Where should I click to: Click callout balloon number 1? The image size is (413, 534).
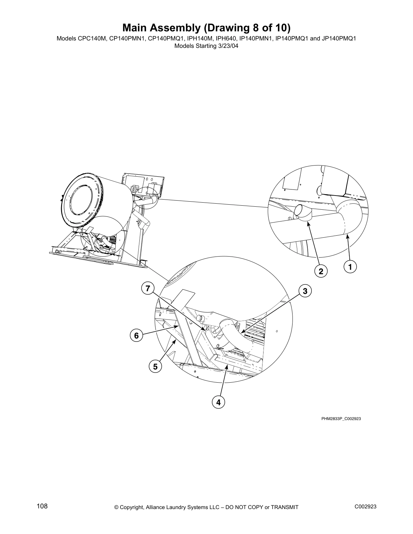[350, 267]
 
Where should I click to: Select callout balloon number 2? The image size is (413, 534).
[321, 271]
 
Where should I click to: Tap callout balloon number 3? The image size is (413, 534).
[305, 291]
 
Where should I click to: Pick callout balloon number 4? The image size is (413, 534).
[218, 402]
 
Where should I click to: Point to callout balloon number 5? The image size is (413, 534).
[155, 366]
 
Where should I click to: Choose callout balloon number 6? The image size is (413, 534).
[136, 336]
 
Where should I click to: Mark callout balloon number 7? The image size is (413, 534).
[147, 289]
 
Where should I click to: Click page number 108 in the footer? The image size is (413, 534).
[42, 506]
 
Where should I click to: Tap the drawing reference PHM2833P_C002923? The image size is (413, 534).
[341, 419]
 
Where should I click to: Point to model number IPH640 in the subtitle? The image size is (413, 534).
[226, 38]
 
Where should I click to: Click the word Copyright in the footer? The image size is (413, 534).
[132, 507]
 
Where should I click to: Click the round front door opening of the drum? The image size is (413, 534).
[80, 203]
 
